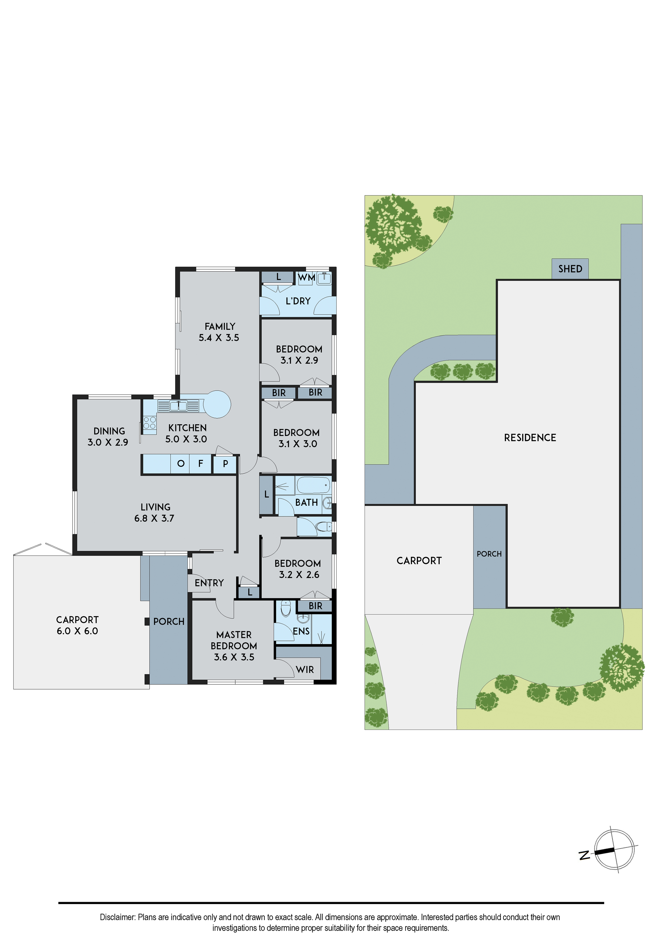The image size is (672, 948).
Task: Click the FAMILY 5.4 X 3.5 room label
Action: pyautogui.click(x=219, y=332)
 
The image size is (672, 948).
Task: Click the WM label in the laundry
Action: pyautogui.click(x=306, y=278)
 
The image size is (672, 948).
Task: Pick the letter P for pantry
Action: pyautogui.click(x=226, y=464)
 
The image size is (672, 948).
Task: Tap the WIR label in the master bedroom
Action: pyautogui.click(x=305, y=670)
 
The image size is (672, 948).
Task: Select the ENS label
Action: pyautogui.click(x=301, y=631)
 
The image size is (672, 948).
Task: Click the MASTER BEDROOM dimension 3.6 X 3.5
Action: pyautogui.click(x=234, y=657)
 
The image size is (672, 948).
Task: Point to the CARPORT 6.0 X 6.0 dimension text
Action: pyautogui.click(x=77, y=631)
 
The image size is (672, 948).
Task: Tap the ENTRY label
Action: pyautogui.click(x=209, y=583)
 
